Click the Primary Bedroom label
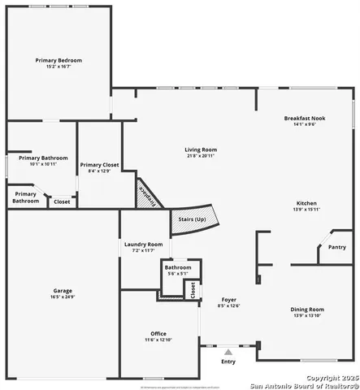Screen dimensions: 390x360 point(59,60)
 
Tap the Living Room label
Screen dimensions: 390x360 point(200,149)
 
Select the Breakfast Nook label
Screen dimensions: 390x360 point(305,119)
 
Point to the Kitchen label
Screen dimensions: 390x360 point(306,203)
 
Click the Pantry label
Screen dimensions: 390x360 point(337,247)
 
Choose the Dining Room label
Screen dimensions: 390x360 point(307,309)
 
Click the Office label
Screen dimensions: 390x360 point(158,333)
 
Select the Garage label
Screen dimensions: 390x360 point(63,290)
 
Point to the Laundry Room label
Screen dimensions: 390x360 point(143,244)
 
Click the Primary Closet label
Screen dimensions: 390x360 point(100,165)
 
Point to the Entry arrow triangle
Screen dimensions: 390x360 point(228,352)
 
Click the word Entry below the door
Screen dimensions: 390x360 point(229,362)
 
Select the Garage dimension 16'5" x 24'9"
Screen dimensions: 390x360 point(63,297)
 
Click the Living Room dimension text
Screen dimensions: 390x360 point(200,156)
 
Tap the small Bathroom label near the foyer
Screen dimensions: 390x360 point(178,267)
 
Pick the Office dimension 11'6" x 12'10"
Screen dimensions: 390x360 point(158,340)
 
